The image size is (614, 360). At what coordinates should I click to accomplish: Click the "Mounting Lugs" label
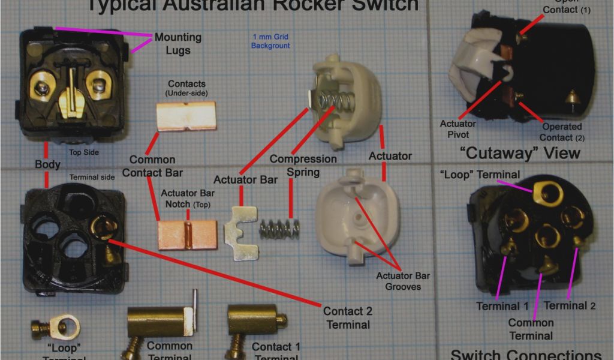click(x=177, y=43)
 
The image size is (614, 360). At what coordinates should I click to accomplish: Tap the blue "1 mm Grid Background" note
click(x=270, y=41)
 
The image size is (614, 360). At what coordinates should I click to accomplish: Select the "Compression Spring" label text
click(x=303, y=166)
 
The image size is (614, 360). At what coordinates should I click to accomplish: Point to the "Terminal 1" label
click(x=502, y=307)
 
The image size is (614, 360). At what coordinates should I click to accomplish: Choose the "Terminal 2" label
click(x=570, y=305)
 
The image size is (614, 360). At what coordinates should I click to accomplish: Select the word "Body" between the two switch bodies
click(x=47, y=164)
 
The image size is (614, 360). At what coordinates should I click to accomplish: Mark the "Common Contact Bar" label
click(x=153, y=166)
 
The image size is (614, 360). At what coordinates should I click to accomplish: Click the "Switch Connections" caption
click(x=525, y=354)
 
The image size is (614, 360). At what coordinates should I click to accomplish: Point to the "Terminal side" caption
click(x=91, y=178)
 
